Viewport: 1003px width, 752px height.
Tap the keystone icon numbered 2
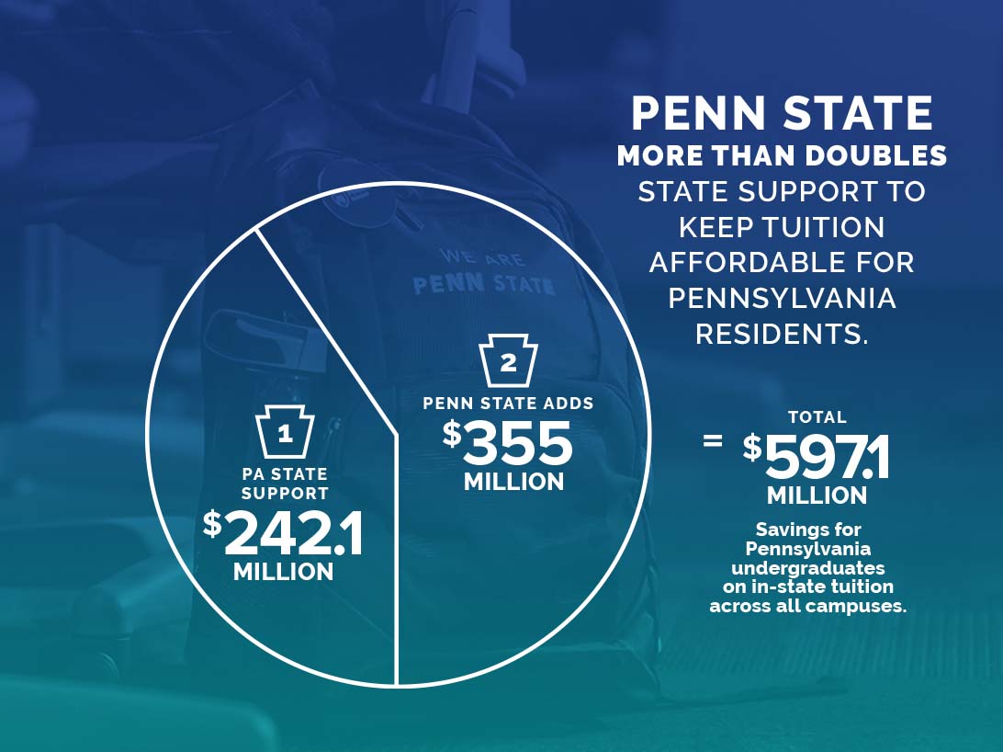pyautogui.click(x=509, y=362)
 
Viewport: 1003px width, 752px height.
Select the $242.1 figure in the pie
pyautogui.click(x=283, y=533)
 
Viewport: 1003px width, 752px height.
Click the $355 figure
pyautogui.click(x=508, y=443)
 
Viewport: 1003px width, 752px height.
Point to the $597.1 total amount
pyautogui.click(x=817, y=457)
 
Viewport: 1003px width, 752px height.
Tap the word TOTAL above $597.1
pyautogui.click(x=817, y=417)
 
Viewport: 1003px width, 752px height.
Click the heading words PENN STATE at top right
pyautogui.click(x=783, y=114)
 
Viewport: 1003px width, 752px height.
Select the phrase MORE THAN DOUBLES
pyautogui.click(x=783, y=155)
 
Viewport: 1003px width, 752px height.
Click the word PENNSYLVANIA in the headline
pyautogui.click(x=783, y=299)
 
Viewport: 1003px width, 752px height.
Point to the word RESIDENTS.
pyautogui.click(x=781, y=334)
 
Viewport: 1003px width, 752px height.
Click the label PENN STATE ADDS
pyautogui.click(x=508, y=403)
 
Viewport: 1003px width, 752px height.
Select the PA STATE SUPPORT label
pyautogui.click(x=285, y=484)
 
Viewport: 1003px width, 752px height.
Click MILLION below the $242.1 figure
pyautogui.click(x=283, y=572)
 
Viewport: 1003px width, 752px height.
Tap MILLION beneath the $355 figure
pyautogui.click(x=513, y=482)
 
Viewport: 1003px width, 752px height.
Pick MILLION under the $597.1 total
pyautogui.click(x=817, y=496)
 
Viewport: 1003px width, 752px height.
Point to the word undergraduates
pyautogui.click(x=808, y=567)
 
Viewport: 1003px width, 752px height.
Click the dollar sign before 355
pyautogui.click(x=452, y=433)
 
